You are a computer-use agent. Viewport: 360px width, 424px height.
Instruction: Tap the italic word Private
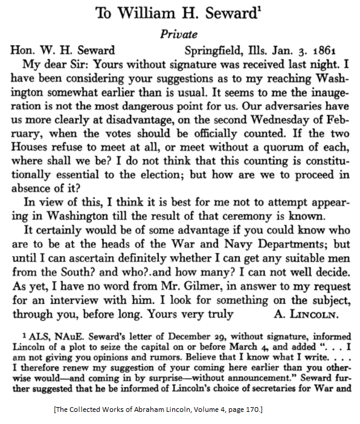[x=180, y=35]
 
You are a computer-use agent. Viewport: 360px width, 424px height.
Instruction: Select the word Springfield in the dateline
[x=214, y=50]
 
